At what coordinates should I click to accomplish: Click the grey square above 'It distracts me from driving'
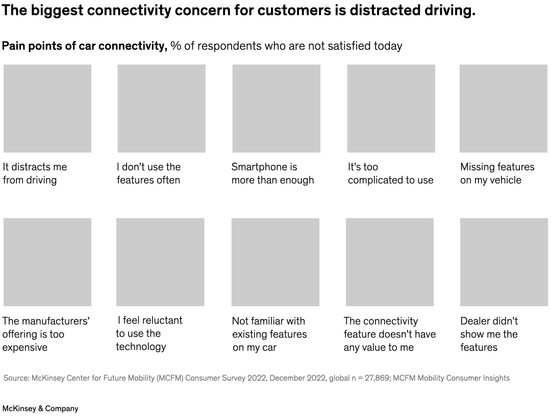pyautogui.click(x=47, y=108)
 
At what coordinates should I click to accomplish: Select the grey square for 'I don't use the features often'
pyautogui.click(x=161, y=108)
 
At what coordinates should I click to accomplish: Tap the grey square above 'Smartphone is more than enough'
pyautogui.click(x=276, y=108)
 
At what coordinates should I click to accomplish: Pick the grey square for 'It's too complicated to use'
pyautogui.click(x=391, y=108)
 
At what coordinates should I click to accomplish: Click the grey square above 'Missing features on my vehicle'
pyautogui.click(x=503, y=108)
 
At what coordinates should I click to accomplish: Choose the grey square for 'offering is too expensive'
pyautogui.click(x=47, y=262)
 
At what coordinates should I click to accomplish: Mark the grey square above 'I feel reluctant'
pyautogui.click(x=160, y=262)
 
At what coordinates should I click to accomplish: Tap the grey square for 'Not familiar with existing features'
pyautogui.click(x=275, y=262)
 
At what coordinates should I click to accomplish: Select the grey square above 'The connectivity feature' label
pyautogui.click(x=390, y=262)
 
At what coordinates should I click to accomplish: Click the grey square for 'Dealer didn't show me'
pyautogui.click(x=504, y=262)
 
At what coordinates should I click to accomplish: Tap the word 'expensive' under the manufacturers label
pyautogui.click(x=25, y=348)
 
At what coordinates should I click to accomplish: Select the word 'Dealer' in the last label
pyautogui.click(x=475, y=321)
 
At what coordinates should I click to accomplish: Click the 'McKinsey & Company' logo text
pyautogui.click(x=40, y=409)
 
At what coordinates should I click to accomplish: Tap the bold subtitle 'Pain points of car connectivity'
pyautogui.click(x=84, y=46)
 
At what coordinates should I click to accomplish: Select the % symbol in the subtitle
pyautogui.click(x=176, y=46)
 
